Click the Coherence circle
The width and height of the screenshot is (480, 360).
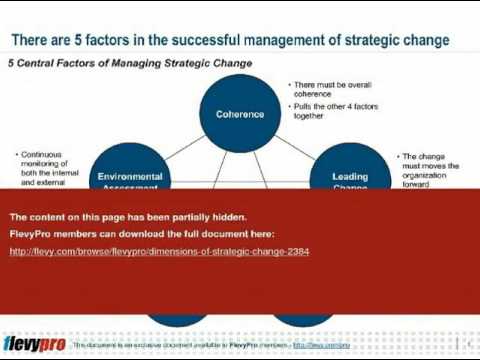pos(240,113)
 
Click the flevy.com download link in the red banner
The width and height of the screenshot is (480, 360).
pos(159,251)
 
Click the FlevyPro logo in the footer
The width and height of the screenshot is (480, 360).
pos(34,344)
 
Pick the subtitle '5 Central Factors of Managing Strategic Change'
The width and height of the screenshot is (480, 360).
pos(130,63)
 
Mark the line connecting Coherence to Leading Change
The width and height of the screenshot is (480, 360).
pos(297,145)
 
